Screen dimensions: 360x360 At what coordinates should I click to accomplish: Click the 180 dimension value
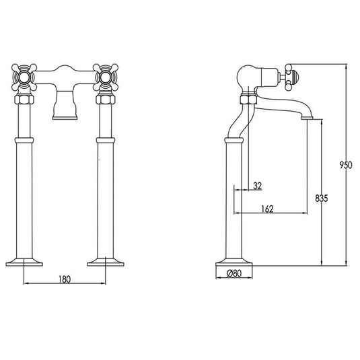[65, 279]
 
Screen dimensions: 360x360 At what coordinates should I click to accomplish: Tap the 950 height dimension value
[346, 165]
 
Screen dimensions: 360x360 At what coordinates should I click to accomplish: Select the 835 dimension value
[322, 199]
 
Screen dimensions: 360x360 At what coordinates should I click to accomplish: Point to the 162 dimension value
[267, 209]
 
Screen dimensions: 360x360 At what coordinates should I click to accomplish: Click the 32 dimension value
[257, 186]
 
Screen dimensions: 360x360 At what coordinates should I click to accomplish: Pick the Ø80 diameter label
[234, 273]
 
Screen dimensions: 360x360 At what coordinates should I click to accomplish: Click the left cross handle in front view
[24, 77]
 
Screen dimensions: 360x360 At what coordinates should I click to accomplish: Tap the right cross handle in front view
[106, 77]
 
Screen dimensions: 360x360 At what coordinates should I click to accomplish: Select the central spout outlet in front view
[65, 105]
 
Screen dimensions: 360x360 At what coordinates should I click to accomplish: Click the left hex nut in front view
[24, 99]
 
